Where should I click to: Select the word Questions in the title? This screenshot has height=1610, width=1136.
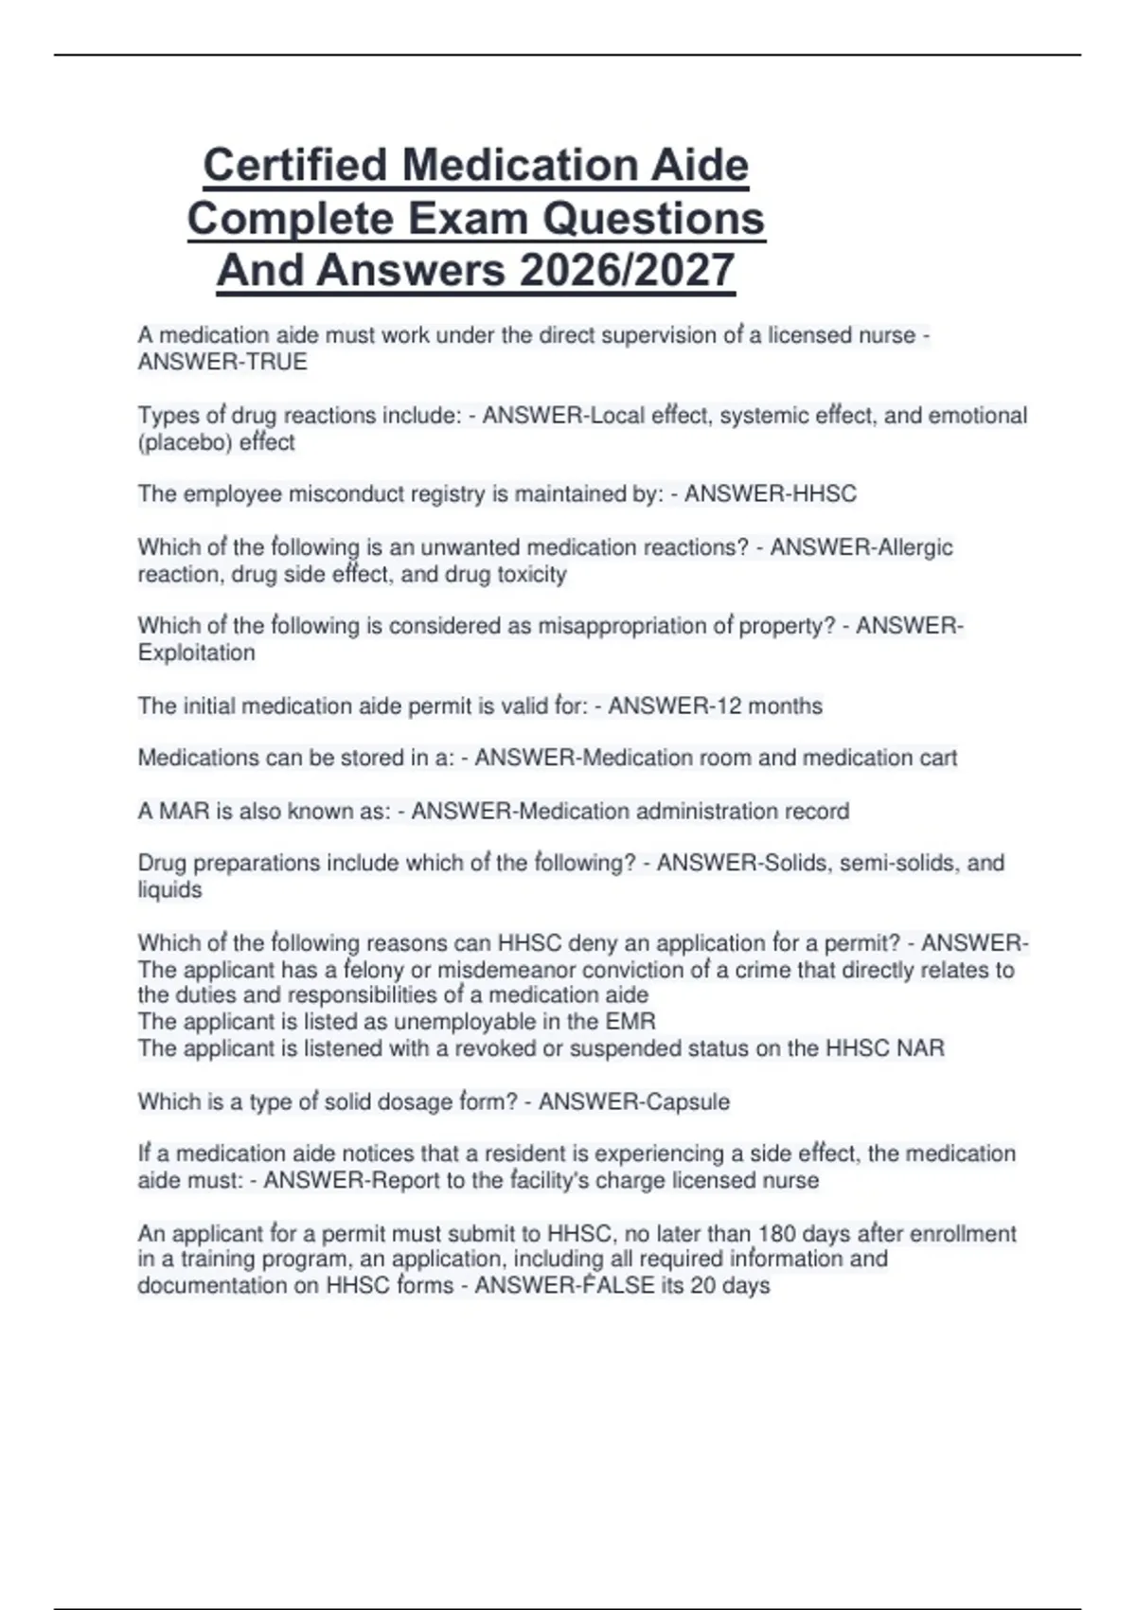pyautogui.click(x=652, y=219)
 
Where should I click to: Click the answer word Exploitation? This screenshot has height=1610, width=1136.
pyautogui.click(x=196, y=653)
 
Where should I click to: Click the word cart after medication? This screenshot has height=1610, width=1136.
pyautogui.click(x=936, y=758)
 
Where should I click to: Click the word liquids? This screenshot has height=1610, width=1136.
pyautogui.click(x=169, y=889)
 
